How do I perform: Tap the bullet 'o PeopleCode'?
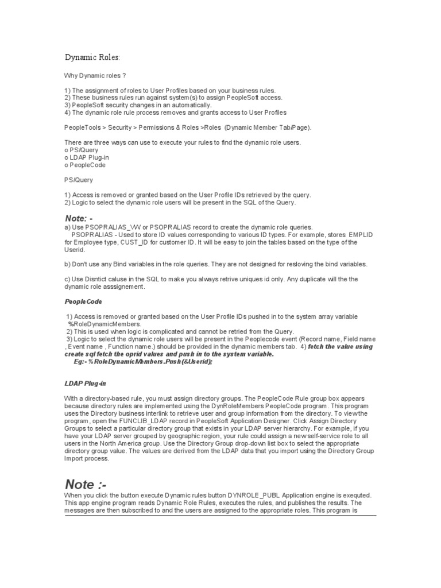(x=85, y=165)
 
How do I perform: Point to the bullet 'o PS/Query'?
(x=82, y=150)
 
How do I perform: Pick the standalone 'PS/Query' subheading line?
(x=79, y=180)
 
